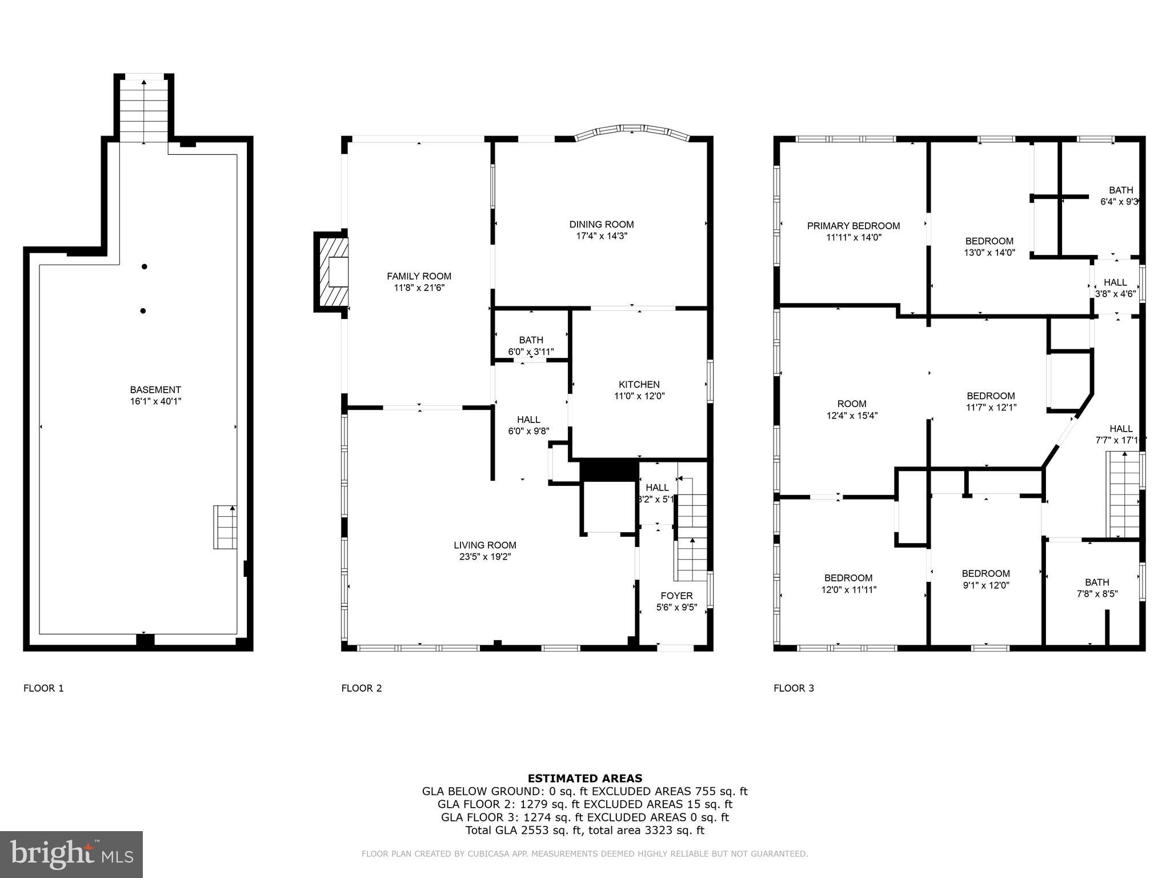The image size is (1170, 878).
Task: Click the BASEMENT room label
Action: tap(155, 390)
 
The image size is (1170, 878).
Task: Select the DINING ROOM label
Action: tap(601, 225)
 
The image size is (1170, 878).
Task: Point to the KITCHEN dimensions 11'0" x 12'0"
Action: tap(639, 396)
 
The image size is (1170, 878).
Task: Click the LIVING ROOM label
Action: tap(485, 545)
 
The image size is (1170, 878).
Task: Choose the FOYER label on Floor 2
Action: tap(676, 596)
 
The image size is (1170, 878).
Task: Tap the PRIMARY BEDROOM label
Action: tap(853, 226)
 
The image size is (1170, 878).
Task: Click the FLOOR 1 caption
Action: tap(43, 688)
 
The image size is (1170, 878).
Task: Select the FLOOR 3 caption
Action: tap(794, 688)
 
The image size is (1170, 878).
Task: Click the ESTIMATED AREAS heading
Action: tap(584, 778)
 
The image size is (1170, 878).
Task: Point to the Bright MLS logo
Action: tap(71, 854)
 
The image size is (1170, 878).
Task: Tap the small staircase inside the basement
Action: tap(225, 527)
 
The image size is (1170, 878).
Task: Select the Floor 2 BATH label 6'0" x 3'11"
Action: tap(531, 346)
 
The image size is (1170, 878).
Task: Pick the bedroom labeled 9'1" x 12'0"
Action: tap(985, 579)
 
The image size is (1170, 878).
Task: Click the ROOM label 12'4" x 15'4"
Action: tap(852, 409)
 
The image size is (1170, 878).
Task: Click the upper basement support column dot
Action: tap(145, 266)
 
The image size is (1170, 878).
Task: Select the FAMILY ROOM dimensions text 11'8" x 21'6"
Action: tap(419, 288)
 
